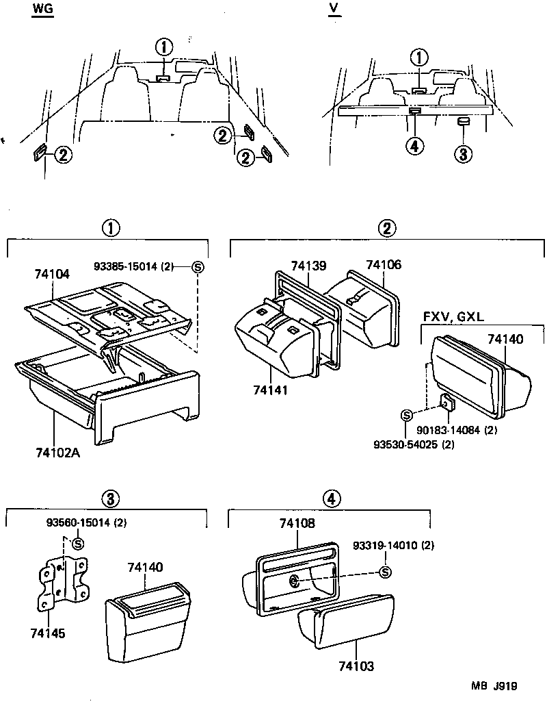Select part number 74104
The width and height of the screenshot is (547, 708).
(x=53, y=274)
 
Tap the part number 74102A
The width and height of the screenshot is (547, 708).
(x=57, y=452)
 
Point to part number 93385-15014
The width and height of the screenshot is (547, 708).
(x=126, y=266)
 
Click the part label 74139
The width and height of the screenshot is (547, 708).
(x=308, y=266)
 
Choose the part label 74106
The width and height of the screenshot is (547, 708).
(x=384, y=264)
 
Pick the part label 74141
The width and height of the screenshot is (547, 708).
(x=270, y=390)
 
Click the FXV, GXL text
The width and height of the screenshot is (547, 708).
(x=453, y=316)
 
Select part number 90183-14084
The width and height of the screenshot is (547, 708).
(x=448, y=430)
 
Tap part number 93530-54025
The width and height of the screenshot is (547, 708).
(x=405, y=444)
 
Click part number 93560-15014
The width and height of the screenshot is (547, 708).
(x=79, y=522)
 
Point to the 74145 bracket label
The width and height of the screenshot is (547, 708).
(x=48, y=633)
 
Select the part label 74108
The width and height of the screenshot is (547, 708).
(x=297, y=523)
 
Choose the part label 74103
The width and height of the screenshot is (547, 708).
(x=356, y=666)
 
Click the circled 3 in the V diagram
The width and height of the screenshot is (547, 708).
(x=463, y=154)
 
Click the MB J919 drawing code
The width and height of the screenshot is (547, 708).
(x=494, y=686)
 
